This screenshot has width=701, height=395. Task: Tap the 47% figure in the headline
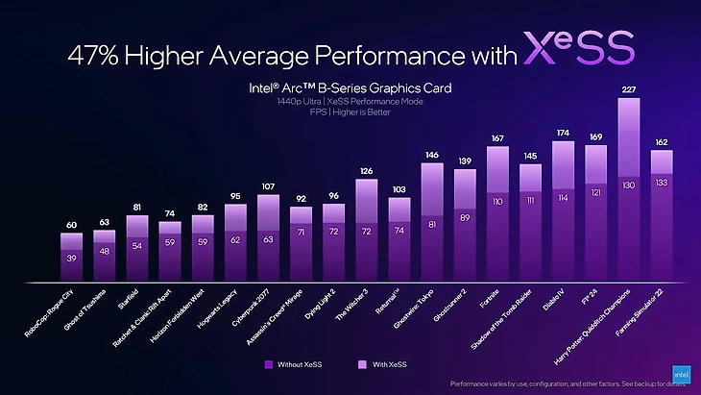[96, 54]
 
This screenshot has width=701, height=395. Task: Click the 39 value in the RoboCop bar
[71, 259]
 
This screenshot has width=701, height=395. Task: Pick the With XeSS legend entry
[384, 364]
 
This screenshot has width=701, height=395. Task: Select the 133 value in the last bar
[661, 182]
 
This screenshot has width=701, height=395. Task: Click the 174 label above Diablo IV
[563, 133]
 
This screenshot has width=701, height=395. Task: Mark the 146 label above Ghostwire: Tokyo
[432, 154]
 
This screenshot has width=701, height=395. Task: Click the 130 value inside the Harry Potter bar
[628, 185]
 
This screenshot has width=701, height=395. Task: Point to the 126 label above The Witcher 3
[366, 171]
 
